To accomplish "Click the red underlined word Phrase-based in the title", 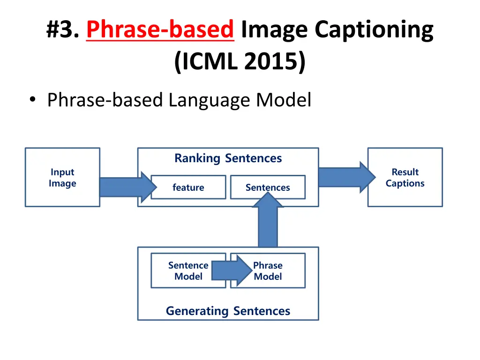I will (x=160, y=30).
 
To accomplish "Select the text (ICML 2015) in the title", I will (x=240, y=62).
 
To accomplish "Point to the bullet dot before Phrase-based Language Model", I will (x=32, y=100).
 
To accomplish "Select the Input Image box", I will (x=62, y=178).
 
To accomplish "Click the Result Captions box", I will (x=405, y=178).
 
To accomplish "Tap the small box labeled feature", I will (x=188, y=187).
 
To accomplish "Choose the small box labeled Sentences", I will (x=268, y=187).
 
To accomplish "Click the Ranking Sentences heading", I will (x=228, y=158).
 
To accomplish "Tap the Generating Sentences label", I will (x=228, y=311).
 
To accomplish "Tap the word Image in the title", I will (x=275, y=30).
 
